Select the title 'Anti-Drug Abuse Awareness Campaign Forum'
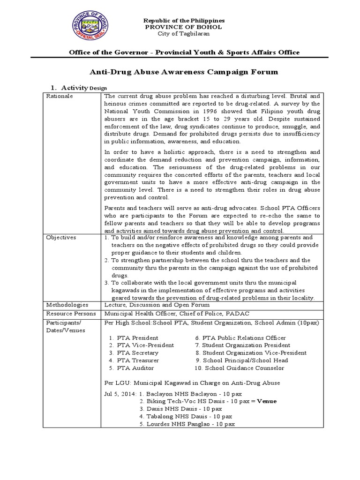coord(183,72)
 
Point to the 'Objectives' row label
coord(60,238)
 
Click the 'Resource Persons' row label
coord(70,313)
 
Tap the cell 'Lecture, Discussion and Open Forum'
coord(157,305)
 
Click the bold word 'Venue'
coord(267,401)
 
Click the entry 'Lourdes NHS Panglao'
coord(181,424)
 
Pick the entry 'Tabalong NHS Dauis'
coord(180,416)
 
